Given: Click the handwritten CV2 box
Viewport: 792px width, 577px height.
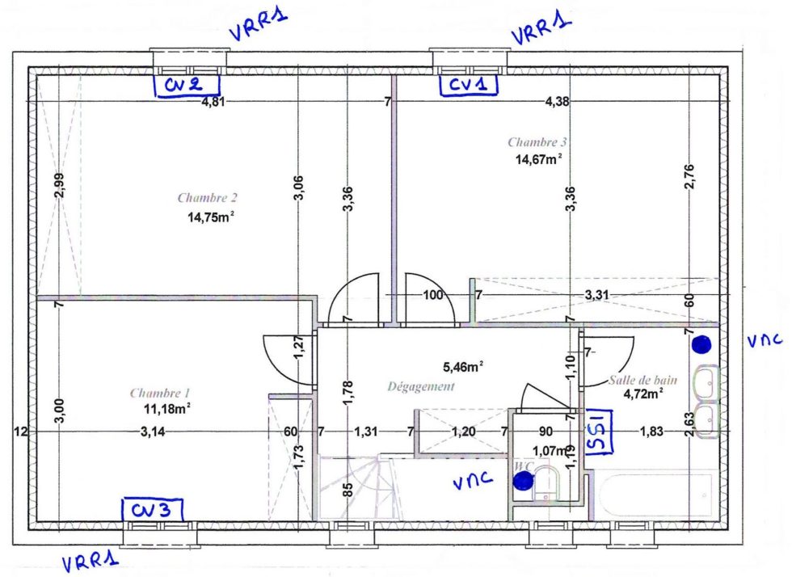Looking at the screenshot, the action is tap(187, 85).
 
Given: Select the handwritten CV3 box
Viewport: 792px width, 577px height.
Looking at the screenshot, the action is tap(153, 510).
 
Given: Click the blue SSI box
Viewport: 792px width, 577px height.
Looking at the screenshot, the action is tap(599, 432).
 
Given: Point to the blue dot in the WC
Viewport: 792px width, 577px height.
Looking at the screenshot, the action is tap(523, 481).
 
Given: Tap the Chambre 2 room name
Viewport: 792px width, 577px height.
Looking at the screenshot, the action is tap(207, 197).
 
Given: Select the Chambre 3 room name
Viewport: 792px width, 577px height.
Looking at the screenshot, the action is tap(537, 142).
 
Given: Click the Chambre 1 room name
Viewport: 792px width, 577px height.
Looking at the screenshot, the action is tap(160, 393).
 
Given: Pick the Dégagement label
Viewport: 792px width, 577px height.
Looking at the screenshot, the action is tap(421, 386).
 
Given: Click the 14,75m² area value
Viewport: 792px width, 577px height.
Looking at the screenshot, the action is tap(211, 217).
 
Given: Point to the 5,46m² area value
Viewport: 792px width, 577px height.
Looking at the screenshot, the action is tap(463, 367).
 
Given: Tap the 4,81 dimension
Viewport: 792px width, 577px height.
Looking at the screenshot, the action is tap(213, 102).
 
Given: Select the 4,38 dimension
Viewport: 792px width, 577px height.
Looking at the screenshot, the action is tap(557, 102).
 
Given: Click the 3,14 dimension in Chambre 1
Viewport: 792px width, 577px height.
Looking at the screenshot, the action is tap(153, 432).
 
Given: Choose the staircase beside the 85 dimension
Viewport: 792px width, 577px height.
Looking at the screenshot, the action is tap(360, 487).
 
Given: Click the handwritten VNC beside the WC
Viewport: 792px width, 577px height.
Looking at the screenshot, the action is tap(473, 481).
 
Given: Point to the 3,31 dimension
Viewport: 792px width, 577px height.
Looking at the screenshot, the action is tap(597, 294).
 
